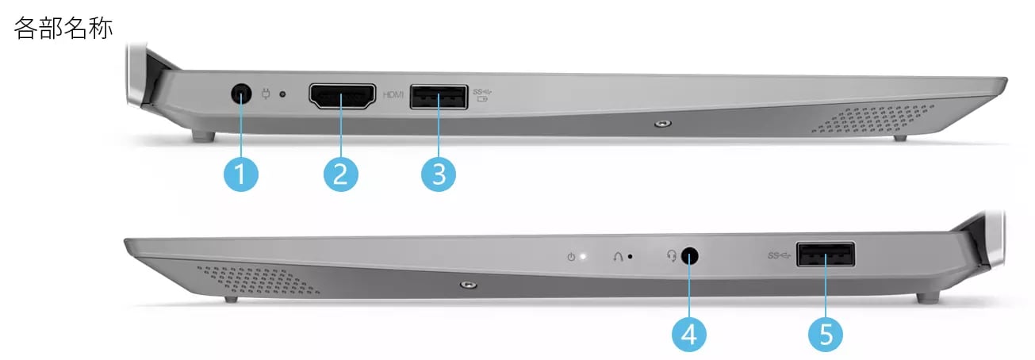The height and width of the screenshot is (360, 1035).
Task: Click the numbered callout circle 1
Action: (241, 174)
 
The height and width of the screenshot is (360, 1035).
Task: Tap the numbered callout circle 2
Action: (340, 174)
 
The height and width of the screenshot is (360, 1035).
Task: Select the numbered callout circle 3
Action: (439, 174)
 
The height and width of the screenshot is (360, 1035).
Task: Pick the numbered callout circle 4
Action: (689, 335)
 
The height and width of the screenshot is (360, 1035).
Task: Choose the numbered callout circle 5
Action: (826, 335)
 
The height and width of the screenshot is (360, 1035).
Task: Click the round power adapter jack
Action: (241, 94)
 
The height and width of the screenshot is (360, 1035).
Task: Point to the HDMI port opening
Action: (343, 97)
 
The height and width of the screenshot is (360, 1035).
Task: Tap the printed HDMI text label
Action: (393, 94)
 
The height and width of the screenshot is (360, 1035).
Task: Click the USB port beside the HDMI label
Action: (439, 97)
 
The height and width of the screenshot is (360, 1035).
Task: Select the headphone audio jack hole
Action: (690, 256)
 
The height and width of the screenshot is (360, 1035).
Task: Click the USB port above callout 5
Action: (826, 255)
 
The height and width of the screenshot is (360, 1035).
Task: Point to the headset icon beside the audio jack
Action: (672, 255)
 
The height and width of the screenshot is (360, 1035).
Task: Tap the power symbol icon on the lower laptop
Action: (571, 257)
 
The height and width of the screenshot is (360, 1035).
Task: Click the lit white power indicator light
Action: (583, 256)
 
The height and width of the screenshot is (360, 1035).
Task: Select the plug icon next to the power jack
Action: (266, 94)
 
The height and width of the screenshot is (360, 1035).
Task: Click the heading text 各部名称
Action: (63, 28)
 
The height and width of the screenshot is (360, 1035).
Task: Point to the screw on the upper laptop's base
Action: (664, 124)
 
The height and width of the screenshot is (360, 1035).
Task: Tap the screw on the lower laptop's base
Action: (469, 284)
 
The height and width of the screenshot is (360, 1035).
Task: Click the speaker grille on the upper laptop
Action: (872, 119)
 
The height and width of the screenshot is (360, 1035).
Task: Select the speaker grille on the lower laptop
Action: (258, 280)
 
